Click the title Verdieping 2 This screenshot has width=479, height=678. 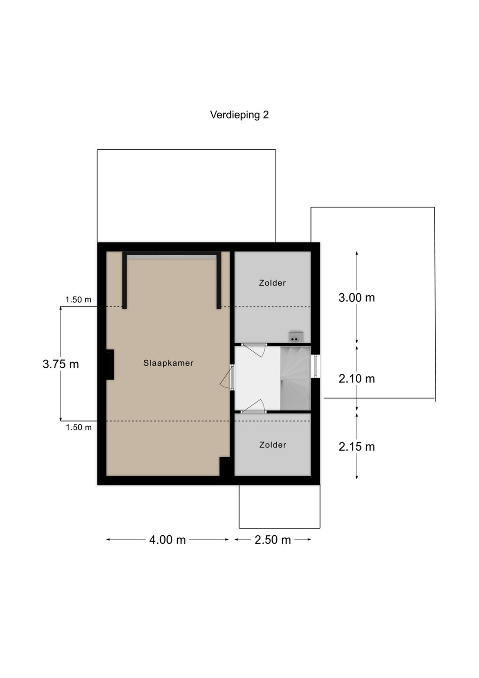click(239, 115)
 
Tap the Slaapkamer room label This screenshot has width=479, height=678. click(168, 363)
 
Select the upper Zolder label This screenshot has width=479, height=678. click(272, 283)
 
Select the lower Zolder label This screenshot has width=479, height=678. click(272, 445)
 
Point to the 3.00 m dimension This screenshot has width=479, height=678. click(357, 298)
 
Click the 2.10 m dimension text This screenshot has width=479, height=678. click(357, 379)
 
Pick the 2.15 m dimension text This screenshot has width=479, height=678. click(357, 447)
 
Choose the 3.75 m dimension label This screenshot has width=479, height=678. click(61, 364)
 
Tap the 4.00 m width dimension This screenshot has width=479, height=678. click(168, 540)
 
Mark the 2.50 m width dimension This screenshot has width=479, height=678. click(273, 540)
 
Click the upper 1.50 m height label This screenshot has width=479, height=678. click(78, 299)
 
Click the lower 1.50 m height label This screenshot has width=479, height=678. click(79, 428)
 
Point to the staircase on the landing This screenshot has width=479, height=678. click(295, 379)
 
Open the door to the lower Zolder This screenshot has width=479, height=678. click(254, 406)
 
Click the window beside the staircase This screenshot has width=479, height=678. click(316, 366)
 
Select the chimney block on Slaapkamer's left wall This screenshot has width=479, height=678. click(110, 364)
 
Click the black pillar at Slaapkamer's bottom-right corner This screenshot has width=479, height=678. click(224, 468)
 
